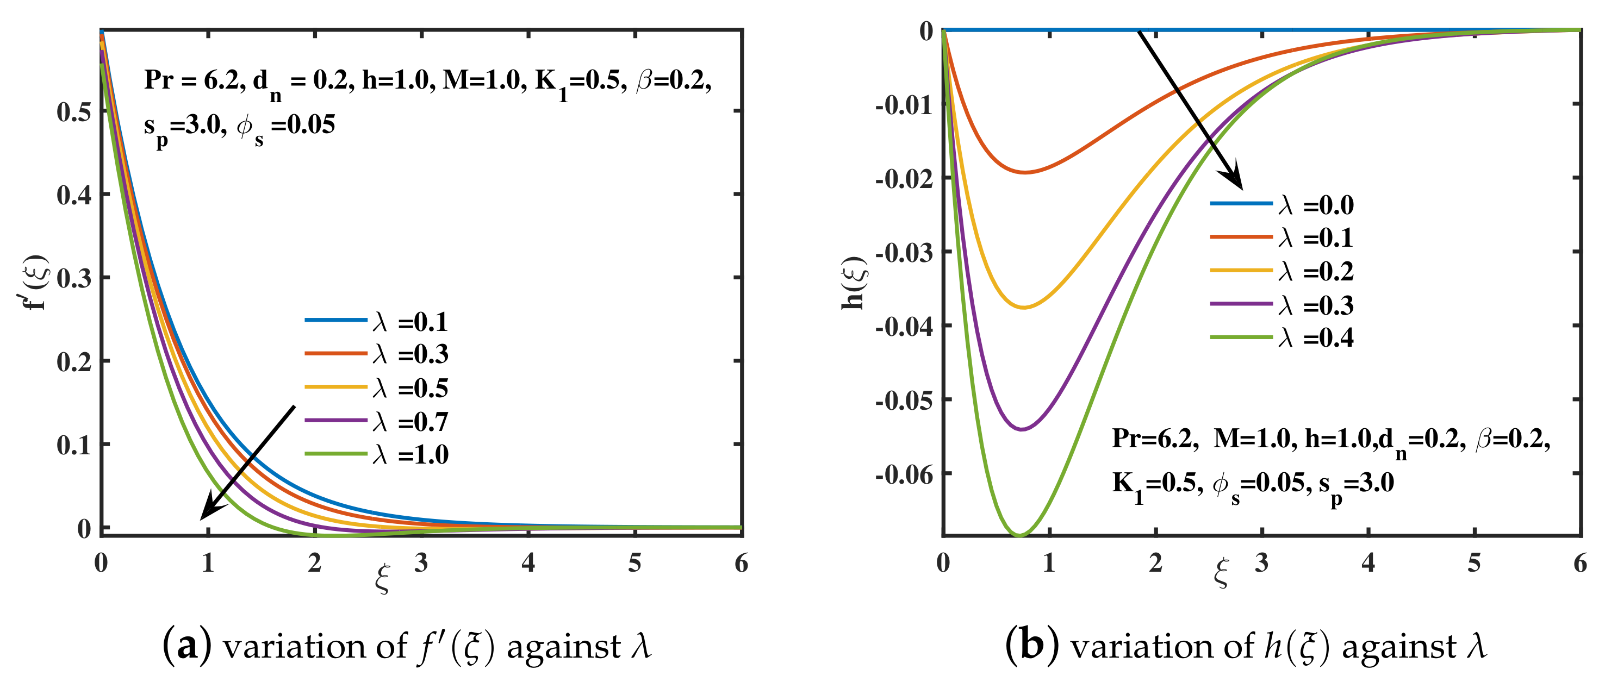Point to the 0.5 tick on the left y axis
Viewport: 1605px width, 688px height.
(x=73, y=112)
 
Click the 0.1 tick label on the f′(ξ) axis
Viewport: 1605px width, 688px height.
(x=73, y=445)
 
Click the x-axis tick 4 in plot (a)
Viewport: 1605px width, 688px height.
(x=528, y=563)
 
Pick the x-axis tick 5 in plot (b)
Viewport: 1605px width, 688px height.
(x=1473, y=563)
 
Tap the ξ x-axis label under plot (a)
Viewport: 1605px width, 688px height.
(x=382, y=578)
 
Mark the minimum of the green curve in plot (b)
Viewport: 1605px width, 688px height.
(x=1019, y=534)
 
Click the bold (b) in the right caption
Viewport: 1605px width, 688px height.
(x=1032, y=646)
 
